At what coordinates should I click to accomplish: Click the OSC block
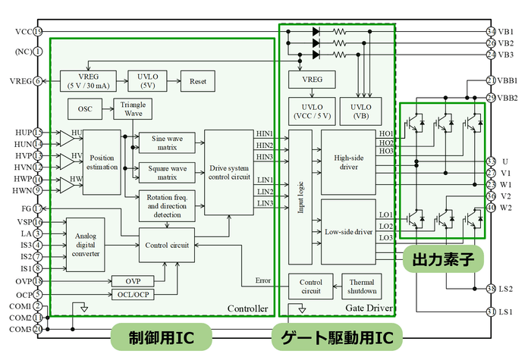tap(84, 109)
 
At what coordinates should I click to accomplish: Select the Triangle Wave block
tap(133, 108)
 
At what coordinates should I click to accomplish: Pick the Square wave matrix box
tap(167, 172)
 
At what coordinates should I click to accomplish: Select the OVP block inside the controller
tap(132, 281)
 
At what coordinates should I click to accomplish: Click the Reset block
tap(196, 80)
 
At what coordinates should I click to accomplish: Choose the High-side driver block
tap(348, 161)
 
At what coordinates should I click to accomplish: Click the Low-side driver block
tap(348, 231)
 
